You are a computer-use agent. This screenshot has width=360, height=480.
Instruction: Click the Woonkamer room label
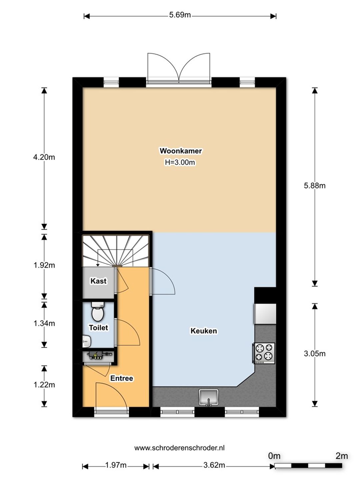(x=181, y=151)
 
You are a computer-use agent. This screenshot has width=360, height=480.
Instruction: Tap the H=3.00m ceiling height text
(x=180, y=162)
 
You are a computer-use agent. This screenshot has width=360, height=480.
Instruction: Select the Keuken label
(x=204, y=331)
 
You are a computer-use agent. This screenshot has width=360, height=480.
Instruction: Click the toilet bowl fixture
(x=97, y=311)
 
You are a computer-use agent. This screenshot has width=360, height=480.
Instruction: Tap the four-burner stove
(x=264, y=353)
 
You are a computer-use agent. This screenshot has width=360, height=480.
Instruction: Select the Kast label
(x=98, y=281)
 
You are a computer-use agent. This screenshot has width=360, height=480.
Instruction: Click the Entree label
(x=122, y=378)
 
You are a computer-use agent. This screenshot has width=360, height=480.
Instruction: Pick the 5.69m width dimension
(x=180, y=15)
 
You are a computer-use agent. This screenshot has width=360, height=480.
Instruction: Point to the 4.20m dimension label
(x=44, y=157)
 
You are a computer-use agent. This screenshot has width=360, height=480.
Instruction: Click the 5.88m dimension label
(x=315, y=186)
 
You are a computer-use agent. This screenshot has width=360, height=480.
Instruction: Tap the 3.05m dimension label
(x=315, y=354)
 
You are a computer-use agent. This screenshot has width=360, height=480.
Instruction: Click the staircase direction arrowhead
(x=98, y=265)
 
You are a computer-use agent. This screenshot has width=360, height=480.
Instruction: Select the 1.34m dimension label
(x=44, y=323)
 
